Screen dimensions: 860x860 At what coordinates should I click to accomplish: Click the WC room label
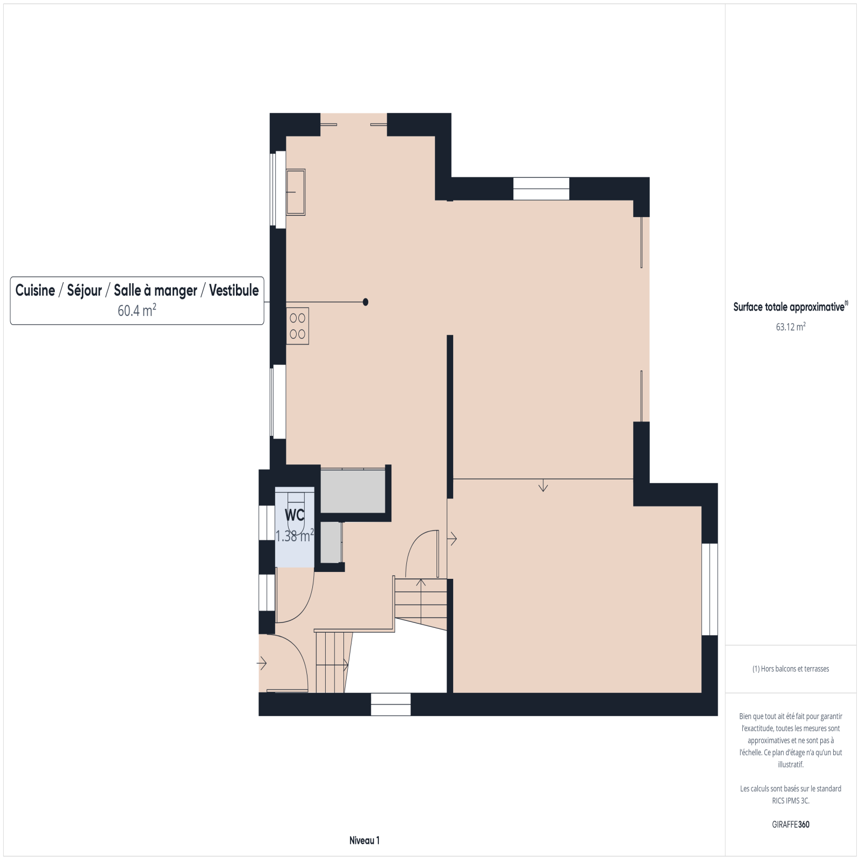[x=295, y=515]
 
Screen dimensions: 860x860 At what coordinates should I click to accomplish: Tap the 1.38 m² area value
[x=295, y=536]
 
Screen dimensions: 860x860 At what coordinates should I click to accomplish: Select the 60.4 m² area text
[x=137, y=310]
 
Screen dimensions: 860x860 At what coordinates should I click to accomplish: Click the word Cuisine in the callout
[x=35, y=290]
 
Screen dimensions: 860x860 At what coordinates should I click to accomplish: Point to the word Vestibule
[x=234, y=290]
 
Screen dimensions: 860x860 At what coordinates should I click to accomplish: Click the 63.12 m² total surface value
[x=791, y=327]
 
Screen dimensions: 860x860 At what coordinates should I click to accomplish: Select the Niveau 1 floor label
[x=364, y=841]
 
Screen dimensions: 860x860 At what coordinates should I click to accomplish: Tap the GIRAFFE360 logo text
[x=791, y=825]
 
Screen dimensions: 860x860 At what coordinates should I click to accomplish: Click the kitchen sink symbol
[x=296, y=192]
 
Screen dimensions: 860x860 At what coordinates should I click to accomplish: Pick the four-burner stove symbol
[x=297, y=326]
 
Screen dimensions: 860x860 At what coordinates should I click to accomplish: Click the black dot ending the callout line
[x=365, y=302]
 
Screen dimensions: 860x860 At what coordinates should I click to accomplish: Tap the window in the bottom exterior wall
[x=391, y=704]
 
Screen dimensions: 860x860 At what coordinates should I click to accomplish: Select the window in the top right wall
[x=541, y=189]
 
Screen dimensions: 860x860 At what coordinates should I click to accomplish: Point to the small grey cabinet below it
[x=331, y=542]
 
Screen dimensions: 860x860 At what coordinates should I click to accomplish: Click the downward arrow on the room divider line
[x=543, y=485]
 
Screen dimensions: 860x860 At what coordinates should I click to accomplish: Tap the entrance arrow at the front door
[x=262, y=663]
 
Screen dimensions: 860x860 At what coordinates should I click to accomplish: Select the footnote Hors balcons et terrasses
[x=791, y=669]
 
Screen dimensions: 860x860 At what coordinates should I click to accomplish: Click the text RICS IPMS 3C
[x=791, y=800]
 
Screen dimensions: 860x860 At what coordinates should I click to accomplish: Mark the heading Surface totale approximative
[x=789, y=307]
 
